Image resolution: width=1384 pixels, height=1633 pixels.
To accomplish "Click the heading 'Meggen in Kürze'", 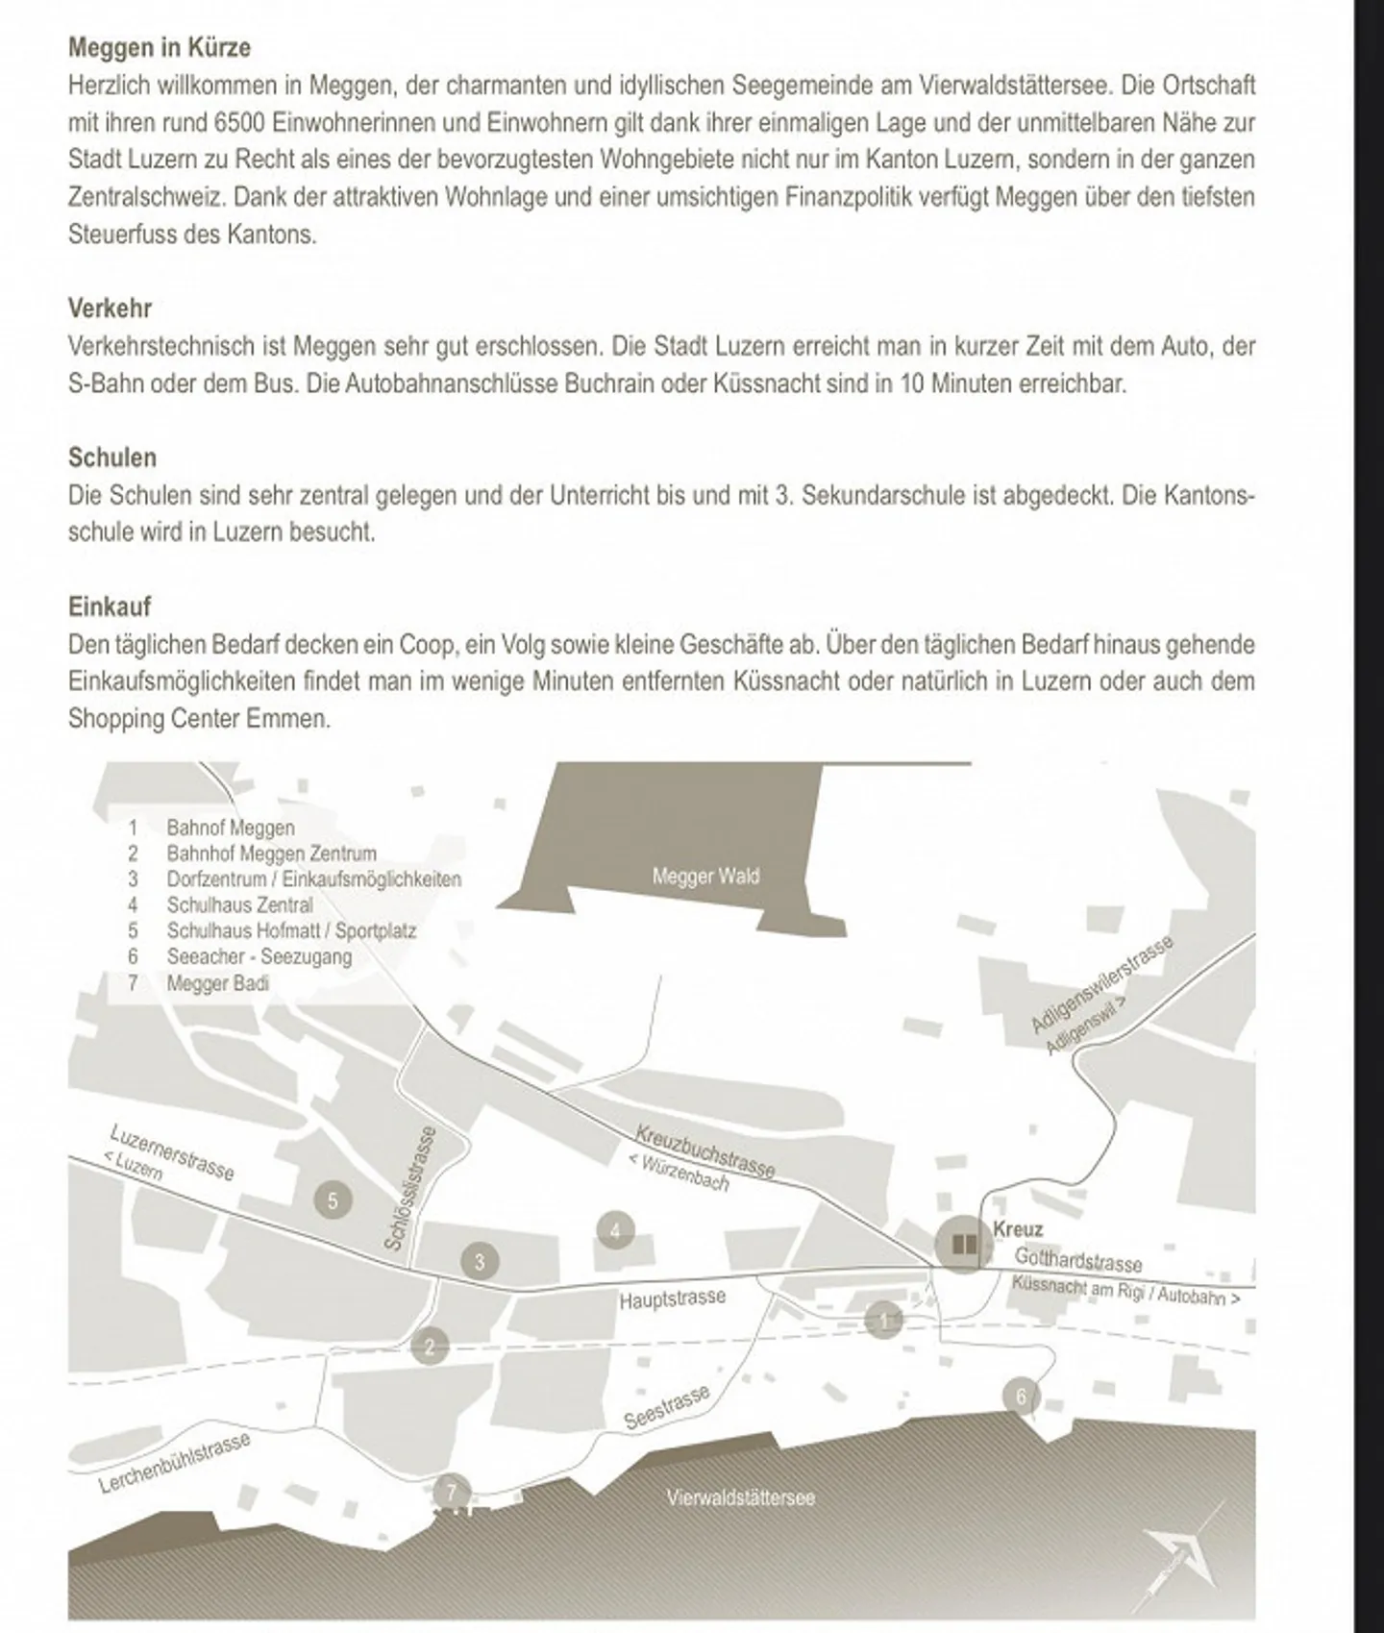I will coord(159,47).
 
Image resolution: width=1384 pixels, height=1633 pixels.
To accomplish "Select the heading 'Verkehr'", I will coord(110,309).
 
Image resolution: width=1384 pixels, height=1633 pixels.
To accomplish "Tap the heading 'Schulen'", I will coord(111,458).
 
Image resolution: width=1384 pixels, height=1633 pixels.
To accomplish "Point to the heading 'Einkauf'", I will coord(109,606).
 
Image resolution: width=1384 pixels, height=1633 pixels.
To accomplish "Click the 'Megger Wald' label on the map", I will coord(705,877).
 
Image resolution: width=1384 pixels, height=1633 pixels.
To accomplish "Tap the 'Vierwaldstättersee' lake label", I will coord(740,1497).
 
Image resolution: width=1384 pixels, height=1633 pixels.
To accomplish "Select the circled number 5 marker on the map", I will coord(333,1200).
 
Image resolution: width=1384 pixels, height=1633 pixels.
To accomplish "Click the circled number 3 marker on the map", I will coord(480,1261).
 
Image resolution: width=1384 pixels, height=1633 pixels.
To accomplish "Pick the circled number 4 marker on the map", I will coord(615,1230).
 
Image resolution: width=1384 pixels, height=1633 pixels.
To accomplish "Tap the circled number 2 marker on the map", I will coord(430,1347).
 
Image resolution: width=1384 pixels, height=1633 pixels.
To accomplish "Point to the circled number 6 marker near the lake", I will coord(1021,1397).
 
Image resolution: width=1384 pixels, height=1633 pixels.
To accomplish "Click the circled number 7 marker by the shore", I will coord(451,1493).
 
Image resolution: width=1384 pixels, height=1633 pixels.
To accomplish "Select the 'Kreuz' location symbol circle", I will coord(962,1246).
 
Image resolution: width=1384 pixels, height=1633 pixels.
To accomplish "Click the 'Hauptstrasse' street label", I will coord(672,1299).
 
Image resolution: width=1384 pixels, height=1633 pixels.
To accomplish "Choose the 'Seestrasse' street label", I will coord(667,1408).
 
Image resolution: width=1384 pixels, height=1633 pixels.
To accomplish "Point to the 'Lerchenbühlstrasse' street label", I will coord(174,1463).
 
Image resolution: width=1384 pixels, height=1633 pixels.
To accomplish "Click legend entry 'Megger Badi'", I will coord(217,983).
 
